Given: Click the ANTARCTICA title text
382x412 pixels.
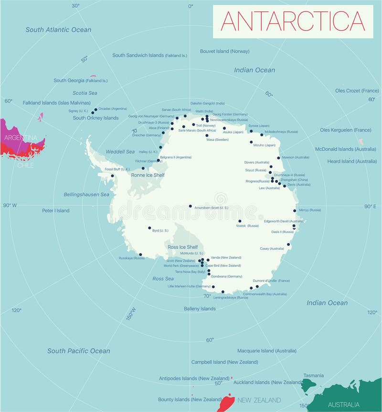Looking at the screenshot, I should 293,21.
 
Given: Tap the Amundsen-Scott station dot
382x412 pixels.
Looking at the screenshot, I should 190,206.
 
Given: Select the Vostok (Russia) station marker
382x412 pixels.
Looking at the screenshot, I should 240,221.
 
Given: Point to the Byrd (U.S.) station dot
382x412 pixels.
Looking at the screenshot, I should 149,228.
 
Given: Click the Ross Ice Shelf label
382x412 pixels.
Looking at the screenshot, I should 182,247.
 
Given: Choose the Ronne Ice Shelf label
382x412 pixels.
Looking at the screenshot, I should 148,175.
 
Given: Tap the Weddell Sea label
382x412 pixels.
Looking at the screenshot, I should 120,151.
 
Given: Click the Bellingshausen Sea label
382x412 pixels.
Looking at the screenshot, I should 86,194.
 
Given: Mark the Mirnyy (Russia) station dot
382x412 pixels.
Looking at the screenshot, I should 295,210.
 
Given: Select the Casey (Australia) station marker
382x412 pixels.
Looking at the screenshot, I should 288,244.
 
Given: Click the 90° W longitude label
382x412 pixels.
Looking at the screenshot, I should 10,205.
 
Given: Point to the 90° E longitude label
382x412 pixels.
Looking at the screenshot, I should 371,206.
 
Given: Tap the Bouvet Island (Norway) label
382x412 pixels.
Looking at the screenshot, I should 224,51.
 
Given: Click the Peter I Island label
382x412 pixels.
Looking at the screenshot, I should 55,211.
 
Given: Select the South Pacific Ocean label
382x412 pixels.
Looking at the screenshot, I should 78,351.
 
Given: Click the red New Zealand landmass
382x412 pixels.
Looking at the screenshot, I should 225,402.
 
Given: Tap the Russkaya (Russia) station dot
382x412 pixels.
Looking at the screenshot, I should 140,254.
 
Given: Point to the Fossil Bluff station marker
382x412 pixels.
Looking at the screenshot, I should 113,176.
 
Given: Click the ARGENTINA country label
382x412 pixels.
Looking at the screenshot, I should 20,137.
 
